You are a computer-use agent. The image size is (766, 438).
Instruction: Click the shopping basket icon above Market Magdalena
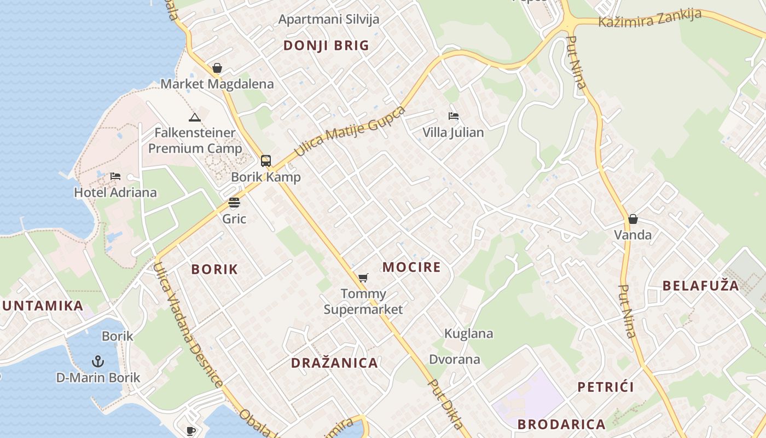click(217, 68)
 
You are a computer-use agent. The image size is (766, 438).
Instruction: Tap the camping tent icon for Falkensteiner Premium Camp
click(194, 117)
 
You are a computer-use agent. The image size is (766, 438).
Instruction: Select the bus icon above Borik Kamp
click(266, 161)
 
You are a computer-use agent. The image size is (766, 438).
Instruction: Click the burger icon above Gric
click(234, 203)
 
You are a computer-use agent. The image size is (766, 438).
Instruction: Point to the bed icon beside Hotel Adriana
click(115, 176)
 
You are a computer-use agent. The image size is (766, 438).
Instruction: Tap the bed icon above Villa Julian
click(453, 116)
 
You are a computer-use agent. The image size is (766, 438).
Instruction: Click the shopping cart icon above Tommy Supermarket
click(363, 278)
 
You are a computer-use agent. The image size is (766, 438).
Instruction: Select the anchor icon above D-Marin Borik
click(98, 361)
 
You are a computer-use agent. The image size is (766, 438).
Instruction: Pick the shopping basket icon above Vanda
click(633, 219)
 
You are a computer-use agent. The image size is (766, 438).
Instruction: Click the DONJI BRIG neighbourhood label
click(326, 45)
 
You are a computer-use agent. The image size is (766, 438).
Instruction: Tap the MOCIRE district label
click(411, 267)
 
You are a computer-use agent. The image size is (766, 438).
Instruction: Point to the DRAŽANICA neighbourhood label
click(334, 363)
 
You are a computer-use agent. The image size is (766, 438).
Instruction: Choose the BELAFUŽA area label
click(700, 286)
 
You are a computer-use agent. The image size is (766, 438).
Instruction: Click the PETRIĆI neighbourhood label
click(606, 387)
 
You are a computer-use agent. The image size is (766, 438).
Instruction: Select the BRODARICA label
click(561, 424)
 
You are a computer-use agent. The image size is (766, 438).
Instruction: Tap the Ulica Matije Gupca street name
click(350, 130)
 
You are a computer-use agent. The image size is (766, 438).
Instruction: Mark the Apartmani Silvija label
click(328, 20)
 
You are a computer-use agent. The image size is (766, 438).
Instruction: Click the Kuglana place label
click(468, 333)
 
